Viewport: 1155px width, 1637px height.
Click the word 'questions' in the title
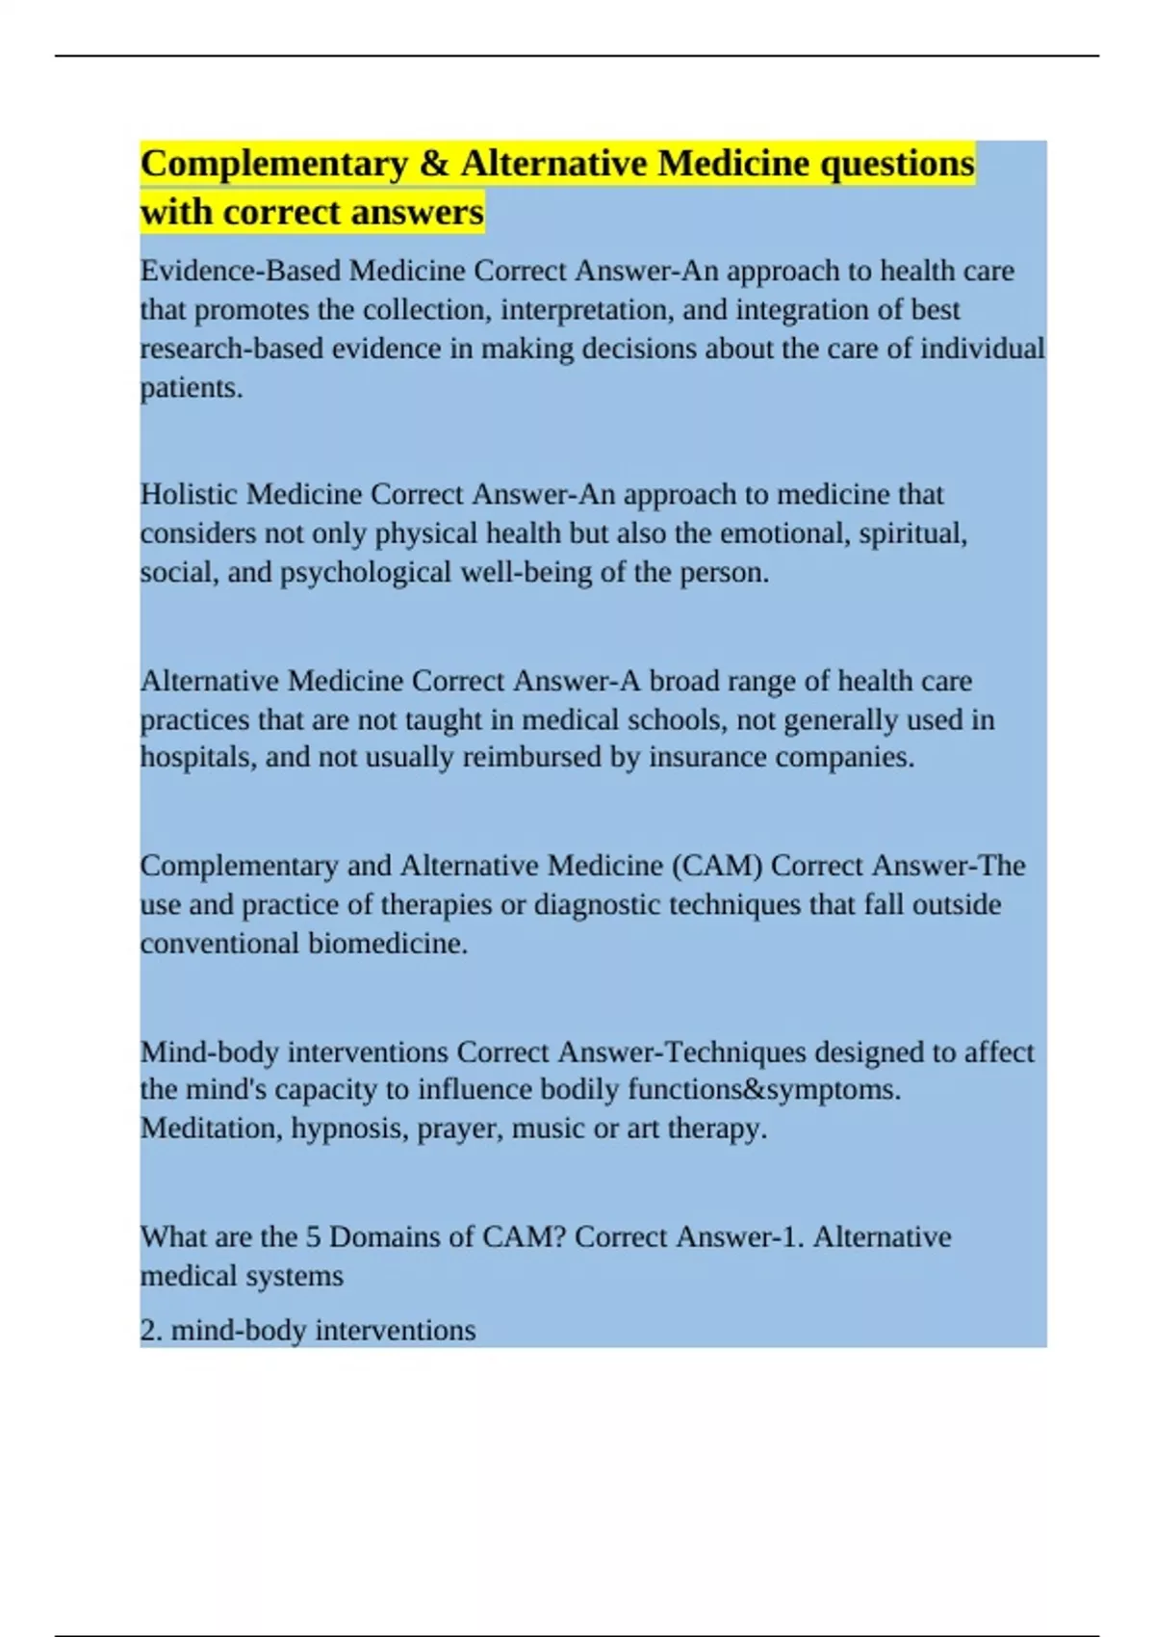[896, 164]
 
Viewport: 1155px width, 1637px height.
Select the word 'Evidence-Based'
[240, 271]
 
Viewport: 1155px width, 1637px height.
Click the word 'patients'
[189, 388]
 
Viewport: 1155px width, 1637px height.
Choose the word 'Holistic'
[189, 494]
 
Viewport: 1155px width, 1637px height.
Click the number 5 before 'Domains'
[313, 1236]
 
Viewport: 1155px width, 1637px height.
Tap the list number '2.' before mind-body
[151, 1331]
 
